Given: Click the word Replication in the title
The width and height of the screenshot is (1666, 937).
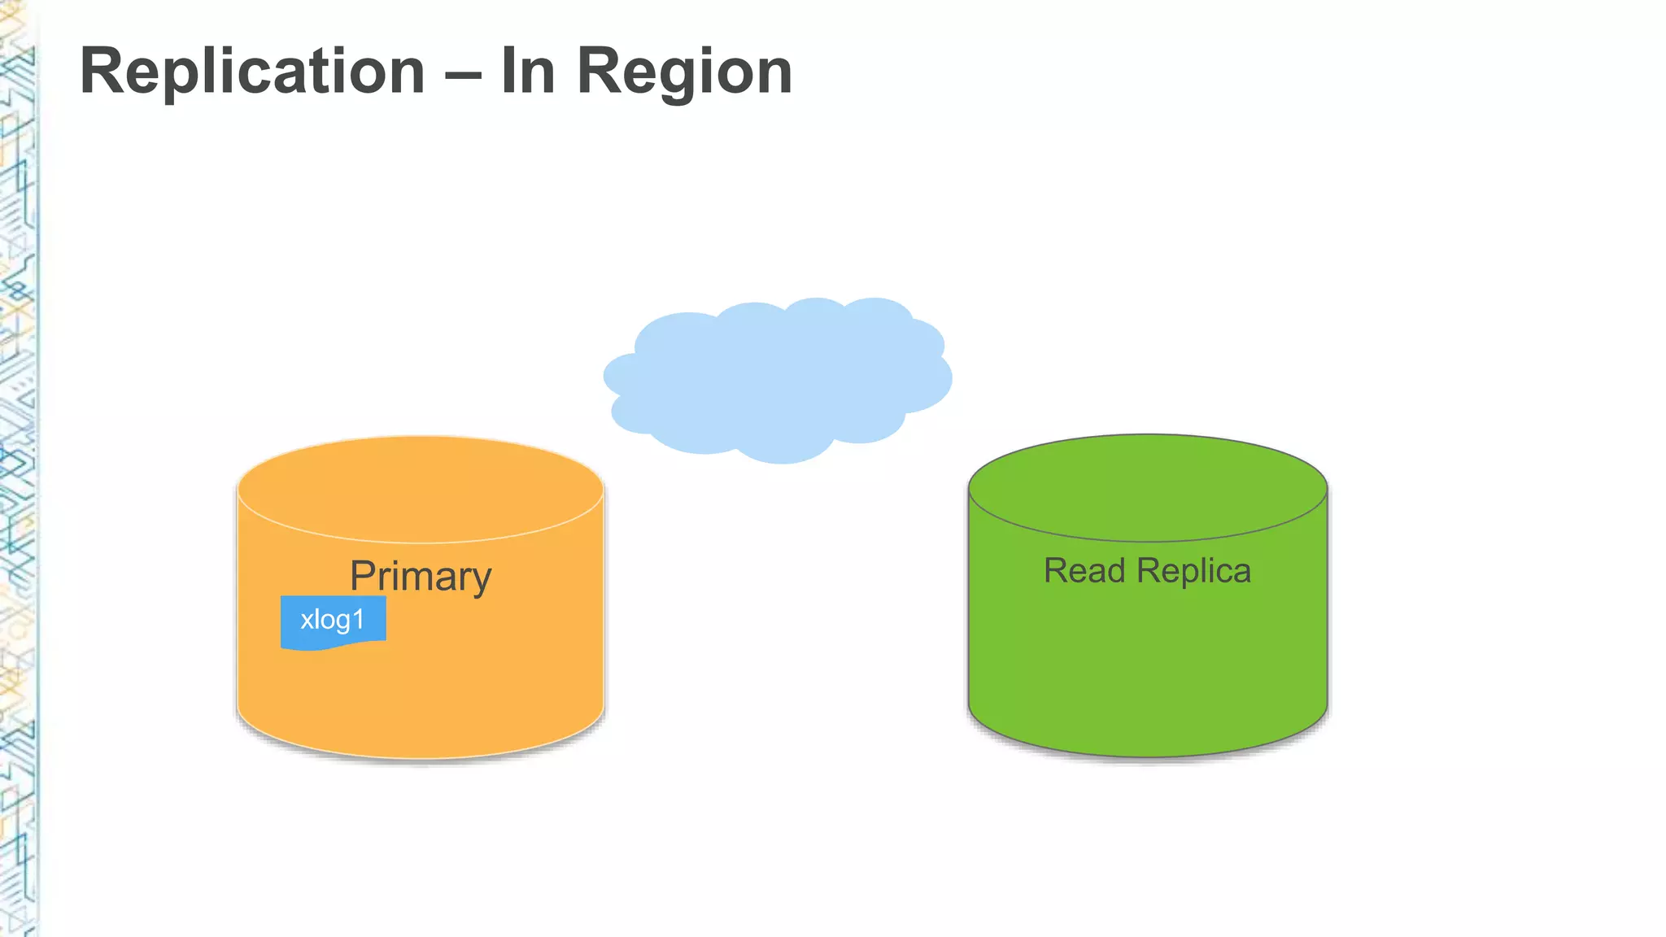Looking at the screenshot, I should point(252,72).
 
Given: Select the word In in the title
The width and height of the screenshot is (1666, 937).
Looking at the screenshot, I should point(529,72).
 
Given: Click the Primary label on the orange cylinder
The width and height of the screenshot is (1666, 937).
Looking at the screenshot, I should point(421,577).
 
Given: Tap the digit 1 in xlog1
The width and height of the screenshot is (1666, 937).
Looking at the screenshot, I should point(358,620).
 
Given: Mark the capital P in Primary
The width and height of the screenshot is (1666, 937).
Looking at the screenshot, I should point(363,576).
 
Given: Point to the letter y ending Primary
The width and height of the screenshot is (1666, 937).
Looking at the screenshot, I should point(480,580).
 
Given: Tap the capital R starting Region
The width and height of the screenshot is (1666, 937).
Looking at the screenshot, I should point(598,72).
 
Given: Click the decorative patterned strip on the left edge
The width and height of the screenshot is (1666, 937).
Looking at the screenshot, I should point(18,468).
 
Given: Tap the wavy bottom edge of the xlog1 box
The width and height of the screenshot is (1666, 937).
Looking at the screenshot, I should point(333,646).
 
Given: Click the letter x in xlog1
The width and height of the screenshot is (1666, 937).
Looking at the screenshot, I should point(307,621).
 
